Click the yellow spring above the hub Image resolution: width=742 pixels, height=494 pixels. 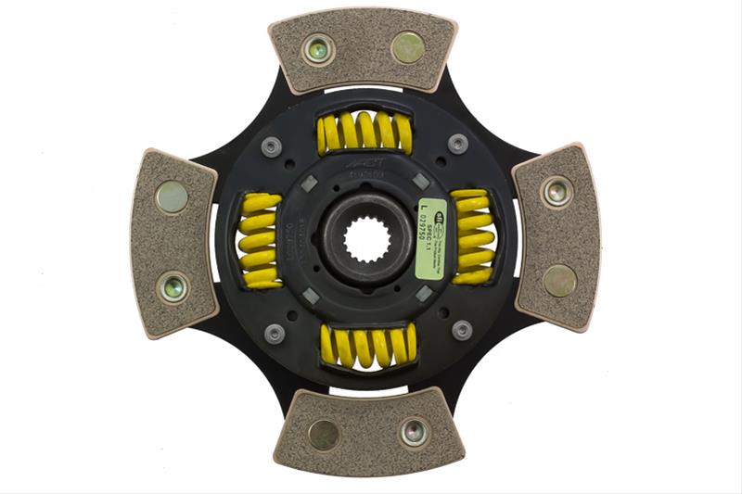365,133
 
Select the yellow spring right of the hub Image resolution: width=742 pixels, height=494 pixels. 473,236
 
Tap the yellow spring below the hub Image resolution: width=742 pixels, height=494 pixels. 367,344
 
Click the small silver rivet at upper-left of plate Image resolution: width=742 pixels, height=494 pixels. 272,146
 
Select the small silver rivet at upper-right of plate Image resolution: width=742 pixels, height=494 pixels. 457,143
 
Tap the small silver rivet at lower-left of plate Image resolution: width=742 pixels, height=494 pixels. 275,333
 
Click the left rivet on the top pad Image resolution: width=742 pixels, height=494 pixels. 319,49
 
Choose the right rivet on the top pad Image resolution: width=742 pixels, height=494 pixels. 407,45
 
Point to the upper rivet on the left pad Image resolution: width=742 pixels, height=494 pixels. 171,196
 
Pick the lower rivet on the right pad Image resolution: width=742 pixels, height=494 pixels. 559,280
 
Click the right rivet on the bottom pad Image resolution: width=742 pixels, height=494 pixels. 414,431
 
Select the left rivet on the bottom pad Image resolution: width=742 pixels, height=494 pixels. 324,434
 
